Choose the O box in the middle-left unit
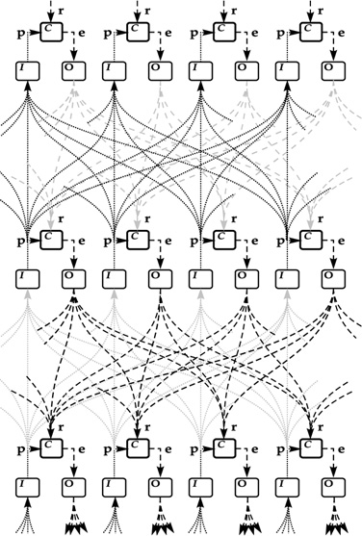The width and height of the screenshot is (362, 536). pos(71,278)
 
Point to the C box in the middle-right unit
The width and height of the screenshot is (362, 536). pos(310,239)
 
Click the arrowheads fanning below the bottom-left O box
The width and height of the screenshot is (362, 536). pos(71,524)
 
